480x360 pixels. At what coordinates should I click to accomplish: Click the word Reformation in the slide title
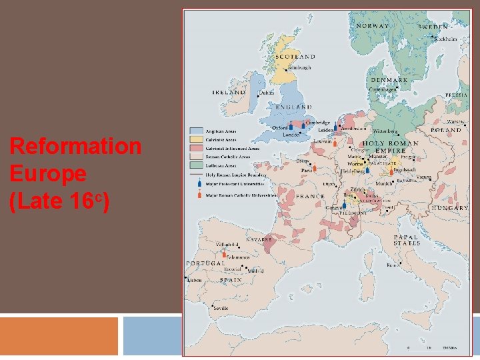point(75,146)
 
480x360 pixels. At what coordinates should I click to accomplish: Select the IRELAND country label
point(229,92)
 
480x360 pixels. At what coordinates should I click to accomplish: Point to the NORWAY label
point(373,26)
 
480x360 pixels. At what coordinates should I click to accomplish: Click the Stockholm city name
point(445,39)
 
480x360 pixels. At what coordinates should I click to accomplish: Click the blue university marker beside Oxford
point(291,127)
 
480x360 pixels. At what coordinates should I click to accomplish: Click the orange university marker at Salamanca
point(225,253)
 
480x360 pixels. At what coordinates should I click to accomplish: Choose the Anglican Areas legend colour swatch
point(197,131)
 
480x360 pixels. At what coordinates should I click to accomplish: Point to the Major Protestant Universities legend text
point(235,184)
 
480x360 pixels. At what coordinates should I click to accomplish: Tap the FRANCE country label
point(310,197)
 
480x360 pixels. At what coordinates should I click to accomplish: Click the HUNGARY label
point(450,209)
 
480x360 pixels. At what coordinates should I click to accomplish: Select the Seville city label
point(220,309)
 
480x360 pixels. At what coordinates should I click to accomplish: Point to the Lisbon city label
point(195,281)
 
